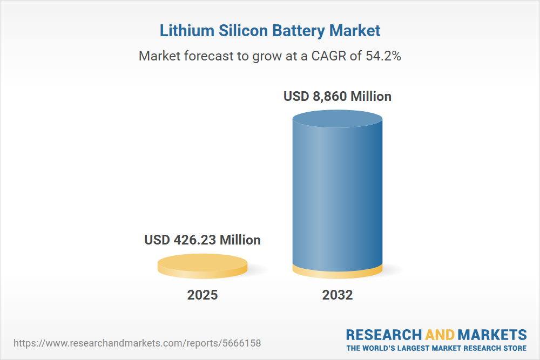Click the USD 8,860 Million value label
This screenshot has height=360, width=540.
(337, 97)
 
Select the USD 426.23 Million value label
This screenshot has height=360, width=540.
(202, 240)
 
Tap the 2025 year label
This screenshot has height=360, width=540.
(202, 295)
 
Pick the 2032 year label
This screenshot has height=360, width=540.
(337, 295)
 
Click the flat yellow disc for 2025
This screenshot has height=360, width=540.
(202, 266)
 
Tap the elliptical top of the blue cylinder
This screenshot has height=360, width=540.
(337, 117)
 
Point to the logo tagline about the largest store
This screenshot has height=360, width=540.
(436, 348)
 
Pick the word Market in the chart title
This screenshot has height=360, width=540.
(355, 30)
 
